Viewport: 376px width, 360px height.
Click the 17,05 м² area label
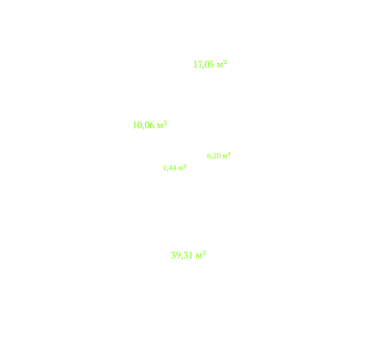[x=210, y=64]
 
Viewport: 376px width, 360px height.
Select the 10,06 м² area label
[x=150, y=125]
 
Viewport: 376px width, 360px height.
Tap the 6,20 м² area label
[x=218, y=156]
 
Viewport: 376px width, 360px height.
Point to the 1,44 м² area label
[x=175, y=168]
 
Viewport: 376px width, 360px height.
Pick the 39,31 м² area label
[x=188, y=255]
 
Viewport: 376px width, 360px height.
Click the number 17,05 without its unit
[x=203, y=65]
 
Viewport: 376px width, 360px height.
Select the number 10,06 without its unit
[x=143, y=125]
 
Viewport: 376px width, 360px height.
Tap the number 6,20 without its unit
[x=214, y=156]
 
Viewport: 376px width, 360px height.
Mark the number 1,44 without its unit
[x=170, y=168]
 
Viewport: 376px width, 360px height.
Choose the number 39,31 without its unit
[x=182, y=255]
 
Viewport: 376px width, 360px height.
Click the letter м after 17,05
[x=220, y=65]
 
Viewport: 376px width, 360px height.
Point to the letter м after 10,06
[x=160, y=126]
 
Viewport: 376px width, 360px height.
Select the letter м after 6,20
[x=225, y=156]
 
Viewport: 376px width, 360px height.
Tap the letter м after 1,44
[x=180, y=168]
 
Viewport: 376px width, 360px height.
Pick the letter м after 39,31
[x=199, y=256]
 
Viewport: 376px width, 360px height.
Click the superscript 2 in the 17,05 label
[x=225, y=62]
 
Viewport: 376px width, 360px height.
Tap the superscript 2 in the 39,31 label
[x=204, y=253]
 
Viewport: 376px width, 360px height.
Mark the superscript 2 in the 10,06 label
[x=165, y=123]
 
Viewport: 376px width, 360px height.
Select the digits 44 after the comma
[x=173, y=168]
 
